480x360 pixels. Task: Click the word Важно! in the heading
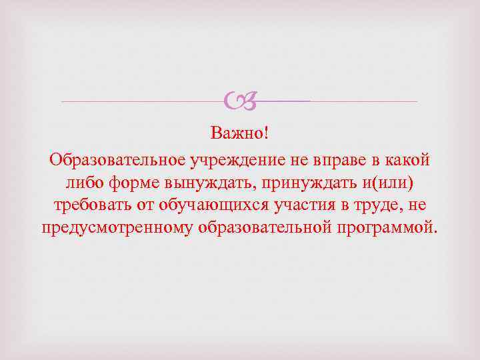tap(240, 134)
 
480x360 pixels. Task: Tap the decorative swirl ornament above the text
tap(241, 101)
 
